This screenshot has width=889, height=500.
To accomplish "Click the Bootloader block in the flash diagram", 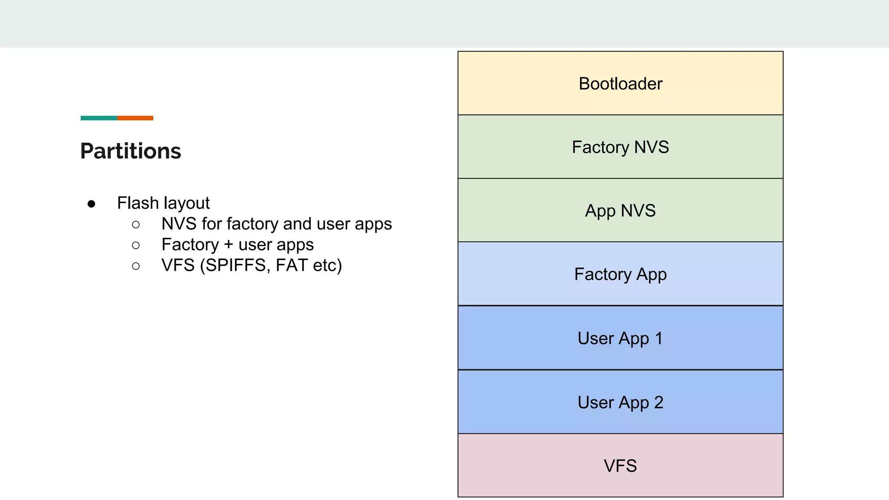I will (620, 83).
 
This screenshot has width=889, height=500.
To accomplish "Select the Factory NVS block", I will (620, 147).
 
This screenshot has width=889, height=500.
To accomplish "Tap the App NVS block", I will (620, 211).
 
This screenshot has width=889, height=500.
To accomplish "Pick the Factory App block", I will (620, 274).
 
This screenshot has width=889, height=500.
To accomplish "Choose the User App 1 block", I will (620, 338).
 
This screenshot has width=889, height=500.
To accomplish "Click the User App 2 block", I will (620, 402).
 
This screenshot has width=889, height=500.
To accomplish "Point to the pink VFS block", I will (620, 466).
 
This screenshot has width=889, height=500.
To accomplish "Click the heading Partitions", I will (131, 151).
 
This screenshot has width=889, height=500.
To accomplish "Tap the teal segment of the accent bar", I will (99, 118).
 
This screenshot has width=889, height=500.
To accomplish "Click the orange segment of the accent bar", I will (135, 118).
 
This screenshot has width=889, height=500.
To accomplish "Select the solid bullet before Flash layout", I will (91, 204).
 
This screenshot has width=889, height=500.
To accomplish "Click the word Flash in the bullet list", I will (138, 203).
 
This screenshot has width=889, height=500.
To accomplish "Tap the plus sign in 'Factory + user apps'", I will (229, 245).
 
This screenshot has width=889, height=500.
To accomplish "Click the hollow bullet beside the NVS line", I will (136, 224).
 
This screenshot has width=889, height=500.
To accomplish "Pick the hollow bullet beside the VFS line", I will (136, 266).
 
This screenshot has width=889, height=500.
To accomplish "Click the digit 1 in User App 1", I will (659, 338).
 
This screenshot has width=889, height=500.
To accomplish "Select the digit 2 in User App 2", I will (659, 402).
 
